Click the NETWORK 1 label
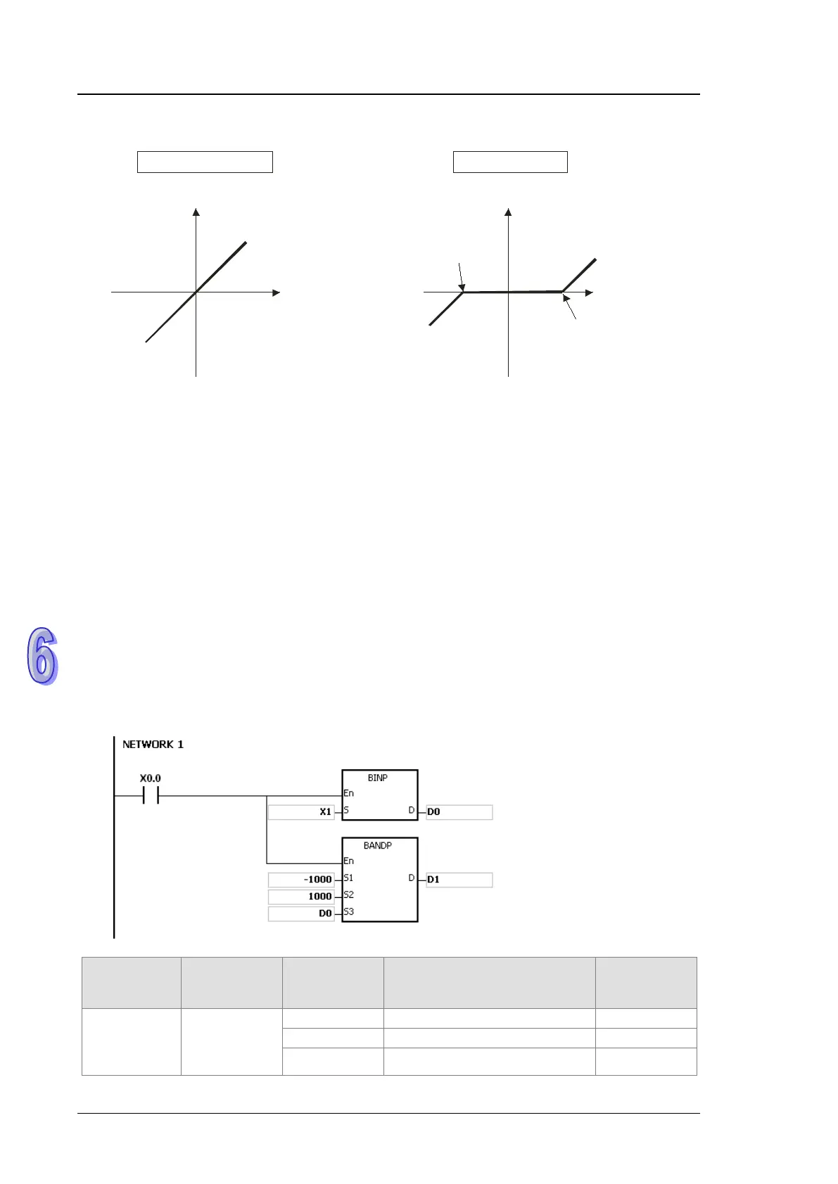click(x=153, y=744)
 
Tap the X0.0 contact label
click(x=150, y=778)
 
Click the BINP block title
click(x=378, y=778)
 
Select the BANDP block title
click(x=378, y=845)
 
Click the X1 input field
click(x=301, y=812)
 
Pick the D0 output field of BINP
click(x=459, y=812)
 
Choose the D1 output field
click(x=459, y=880)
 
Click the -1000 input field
click(x=301, y=880)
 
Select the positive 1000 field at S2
click(x=301, y=896)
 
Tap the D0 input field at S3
click(x=301, y=913)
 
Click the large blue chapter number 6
click(x=42, y=655)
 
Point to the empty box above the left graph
click(x=205, y=162)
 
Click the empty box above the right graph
click(x=510, y=162)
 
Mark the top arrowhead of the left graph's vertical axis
click(x=196, y=212)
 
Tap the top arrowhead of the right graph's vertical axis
click(x=508, y=212)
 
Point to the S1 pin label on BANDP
click(x=349, y=878)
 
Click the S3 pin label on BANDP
click(x=349, y=912)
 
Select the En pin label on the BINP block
click(x=349, y=793)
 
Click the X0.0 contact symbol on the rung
click(x=150, y=796)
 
